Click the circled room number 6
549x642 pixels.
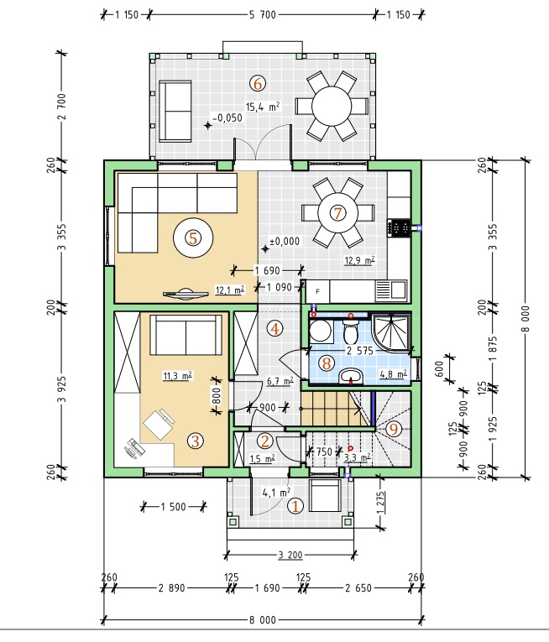coord(258,84)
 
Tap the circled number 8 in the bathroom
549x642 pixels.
coord(327,363)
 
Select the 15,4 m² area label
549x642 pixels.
coord(263,107)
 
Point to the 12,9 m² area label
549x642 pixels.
coord(360,260)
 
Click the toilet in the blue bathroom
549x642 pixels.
coord(351,331)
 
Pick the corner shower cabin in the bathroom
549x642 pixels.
coord(390,332)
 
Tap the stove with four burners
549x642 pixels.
coord(399,227)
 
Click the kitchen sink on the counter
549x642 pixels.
coord(391,290)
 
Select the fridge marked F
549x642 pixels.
coord(318,291)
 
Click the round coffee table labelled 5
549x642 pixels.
coord(193,237)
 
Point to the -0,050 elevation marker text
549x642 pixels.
coord(227,118)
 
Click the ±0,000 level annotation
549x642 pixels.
coord(285,241)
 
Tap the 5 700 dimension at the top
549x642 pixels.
coord(262,15)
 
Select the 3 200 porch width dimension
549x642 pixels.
coord(290,556)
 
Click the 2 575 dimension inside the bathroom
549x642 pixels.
coord(360,351)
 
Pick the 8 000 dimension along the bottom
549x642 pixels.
coord(263,620)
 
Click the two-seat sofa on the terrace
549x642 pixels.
coord(175,112)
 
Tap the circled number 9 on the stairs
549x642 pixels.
coord(394,429)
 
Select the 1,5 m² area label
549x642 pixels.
coord(262,459)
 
